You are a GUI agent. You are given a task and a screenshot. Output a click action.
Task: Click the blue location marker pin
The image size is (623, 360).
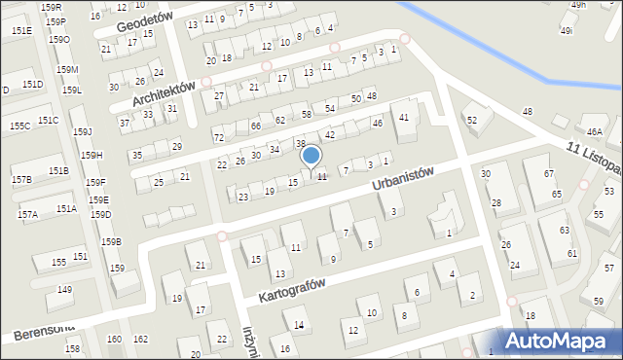pos(311,157)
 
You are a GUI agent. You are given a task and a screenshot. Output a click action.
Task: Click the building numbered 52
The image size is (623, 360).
pos(472,119)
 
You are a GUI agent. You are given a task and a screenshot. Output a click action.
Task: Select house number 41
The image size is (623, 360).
pos(404,118)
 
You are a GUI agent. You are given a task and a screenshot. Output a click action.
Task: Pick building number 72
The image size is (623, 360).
pos(218,138)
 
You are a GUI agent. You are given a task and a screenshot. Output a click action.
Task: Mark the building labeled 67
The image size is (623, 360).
pos(549,173)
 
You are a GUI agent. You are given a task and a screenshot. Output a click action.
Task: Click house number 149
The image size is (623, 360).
pos(65,290)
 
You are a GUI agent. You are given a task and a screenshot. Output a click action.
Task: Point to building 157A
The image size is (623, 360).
pos(27,214)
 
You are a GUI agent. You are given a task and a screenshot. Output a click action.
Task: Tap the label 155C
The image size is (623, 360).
pos(19,126)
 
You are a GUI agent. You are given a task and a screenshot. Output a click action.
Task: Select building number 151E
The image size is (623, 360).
pos(21,31)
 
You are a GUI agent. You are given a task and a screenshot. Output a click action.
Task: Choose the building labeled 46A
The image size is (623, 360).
pos(595,131)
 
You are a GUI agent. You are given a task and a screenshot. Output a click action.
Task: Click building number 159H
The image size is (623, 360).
pos(91,155)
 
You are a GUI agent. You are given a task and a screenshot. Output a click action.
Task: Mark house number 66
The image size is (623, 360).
pos(255,126)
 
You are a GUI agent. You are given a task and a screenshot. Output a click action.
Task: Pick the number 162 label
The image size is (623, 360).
pos(140,339)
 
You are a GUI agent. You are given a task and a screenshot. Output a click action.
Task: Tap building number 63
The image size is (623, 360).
pos(565,231)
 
